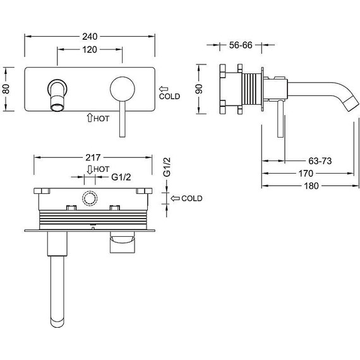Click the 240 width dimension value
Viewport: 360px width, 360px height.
[x=90, y=37]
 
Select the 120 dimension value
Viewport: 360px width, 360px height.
[x=90, y=50]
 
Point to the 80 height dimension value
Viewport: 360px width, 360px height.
[x=6, y=89]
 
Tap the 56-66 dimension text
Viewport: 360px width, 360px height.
[x=241, y=45]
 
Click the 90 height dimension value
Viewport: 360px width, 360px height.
[x=199, y=89]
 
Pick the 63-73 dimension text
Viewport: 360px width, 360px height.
[x=320, y=161]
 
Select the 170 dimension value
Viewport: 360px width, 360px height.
[x=306, y=173]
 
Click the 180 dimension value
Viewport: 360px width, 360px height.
[x=311, y=186]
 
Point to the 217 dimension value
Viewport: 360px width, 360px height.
[x=93, y=157]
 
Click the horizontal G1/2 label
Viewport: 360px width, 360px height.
[x=121, y=177]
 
